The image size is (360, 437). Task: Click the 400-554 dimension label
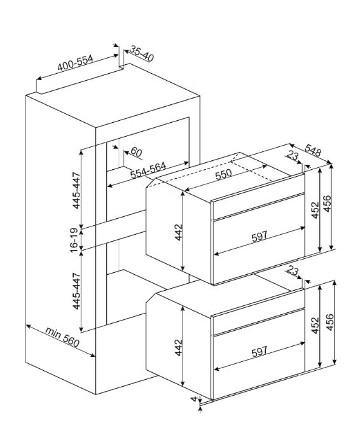75,63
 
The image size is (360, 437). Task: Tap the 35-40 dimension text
142,54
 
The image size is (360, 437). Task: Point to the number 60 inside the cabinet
136,152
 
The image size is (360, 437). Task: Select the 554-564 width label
148,170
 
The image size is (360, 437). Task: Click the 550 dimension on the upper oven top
223,174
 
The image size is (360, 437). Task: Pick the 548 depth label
313,150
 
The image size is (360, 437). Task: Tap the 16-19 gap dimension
74,240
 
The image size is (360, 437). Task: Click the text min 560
62,337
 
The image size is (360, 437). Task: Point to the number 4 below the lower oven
194,399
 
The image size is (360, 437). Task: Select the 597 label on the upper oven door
259,236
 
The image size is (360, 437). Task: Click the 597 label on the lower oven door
259,351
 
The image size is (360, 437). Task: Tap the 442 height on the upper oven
178,232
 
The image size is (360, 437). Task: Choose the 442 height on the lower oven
178,347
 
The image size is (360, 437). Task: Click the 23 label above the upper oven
293,155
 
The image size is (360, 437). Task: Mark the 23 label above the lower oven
293,270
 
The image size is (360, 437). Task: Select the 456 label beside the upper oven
328,204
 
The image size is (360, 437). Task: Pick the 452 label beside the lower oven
315,325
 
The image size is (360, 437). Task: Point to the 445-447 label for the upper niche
76,191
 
